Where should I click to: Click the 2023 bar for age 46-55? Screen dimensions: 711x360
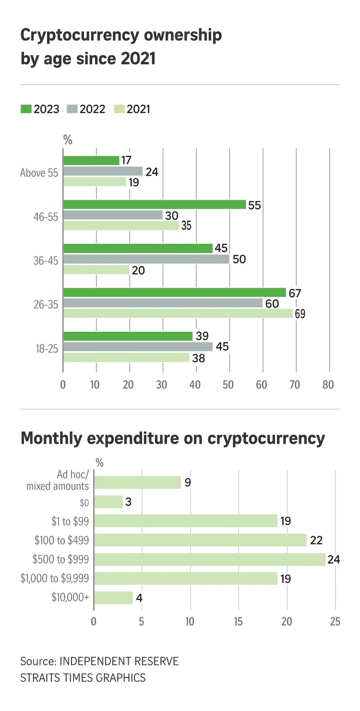154,205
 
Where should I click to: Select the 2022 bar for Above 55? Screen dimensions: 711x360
103,171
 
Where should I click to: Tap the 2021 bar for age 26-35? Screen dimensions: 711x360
178,313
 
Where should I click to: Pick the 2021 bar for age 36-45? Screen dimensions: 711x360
96,270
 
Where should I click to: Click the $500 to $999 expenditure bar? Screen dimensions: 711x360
209,559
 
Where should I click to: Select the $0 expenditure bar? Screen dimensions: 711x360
108,502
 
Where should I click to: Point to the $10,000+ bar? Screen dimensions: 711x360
113,598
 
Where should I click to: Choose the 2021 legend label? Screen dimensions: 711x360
139,109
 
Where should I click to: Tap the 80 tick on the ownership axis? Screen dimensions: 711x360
328,385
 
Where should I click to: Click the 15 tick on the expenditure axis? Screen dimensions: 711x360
238,621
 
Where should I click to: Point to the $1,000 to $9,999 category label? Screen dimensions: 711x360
55,578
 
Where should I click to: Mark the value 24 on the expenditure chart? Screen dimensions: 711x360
333,559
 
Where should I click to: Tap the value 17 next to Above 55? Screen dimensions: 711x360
127,160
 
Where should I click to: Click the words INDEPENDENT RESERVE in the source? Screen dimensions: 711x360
119,661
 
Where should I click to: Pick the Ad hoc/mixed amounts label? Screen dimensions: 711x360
58,481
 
